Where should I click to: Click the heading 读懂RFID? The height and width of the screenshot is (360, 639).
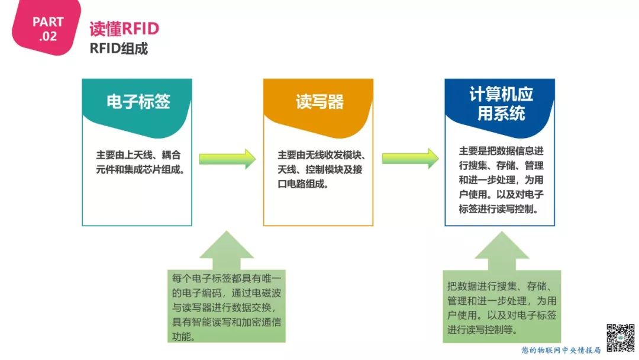[x=124, y=29]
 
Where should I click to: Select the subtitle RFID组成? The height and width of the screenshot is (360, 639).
[x=118, y=49]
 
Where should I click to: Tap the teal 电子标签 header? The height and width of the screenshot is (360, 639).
[x=138, y=101]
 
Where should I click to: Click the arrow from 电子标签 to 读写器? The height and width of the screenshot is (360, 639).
[x=227, y=159]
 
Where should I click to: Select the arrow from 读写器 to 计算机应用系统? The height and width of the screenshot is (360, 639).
[x=410, y=159]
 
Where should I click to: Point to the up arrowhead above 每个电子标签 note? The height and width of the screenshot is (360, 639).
[x=226, y=246]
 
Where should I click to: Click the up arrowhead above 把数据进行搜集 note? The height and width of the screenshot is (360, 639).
[x=501, y=247]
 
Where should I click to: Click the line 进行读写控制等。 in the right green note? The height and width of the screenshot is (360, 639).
[x=482, y=330]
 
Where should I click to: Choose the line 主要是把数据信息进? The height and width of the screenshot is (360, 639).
[x=501, y=150]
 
